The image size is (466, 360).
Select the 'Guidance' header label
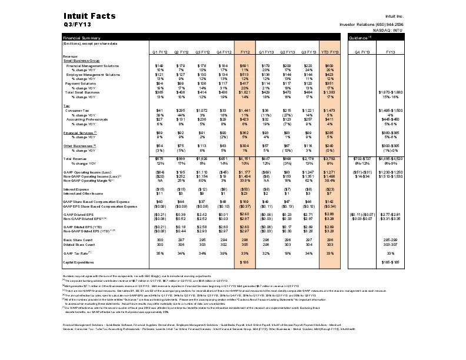[x=358, y=38]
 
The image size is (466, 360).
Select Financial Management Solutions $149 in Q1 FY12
[x=159, y=66]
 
